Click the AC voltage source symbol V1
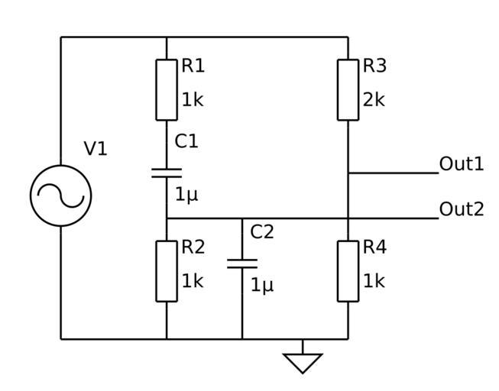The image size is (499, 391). coord(60,195)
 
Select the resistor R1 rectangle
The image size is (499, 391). coord(167,89)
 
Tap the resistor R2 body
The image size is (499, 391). coord(167,271)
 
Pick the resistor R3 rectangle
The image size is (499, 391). coord(348,89)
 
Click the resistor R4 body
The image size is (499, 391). coord(348,271)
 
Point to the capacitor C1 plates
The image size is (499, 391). coord(167,172)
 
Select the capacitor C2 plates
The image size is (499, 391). coord(242,263)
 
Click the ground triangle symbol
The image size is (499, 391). coord(303,362)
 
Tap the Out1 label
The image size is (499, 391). coord(462,164)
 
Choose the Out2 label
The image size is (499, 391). coord(462,209)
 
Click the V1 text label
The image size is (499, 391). coord(96,149)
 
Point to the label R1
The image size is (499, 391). coord(193,66)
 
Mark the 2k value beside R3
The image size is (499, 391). coord(374,99)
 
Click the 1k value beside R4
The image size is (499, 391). coord(374,281)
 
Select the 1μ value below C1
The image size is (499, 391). coord(186,195)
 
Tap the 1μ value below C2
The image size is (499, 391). coord(262,286)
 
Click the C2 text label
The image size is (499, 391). coord(262,232)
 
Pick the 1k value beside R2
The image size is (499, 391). coord(193,281)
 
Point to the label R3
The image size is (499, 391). coord(374,66)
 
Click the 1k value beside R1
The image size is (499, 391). coord(193,99)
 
